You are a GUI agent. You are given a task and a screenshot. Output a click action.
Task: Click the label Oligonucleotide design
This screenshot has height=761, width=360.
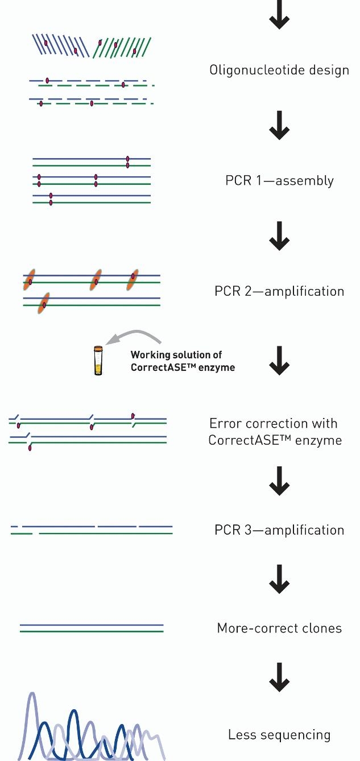click(x=279, y=71)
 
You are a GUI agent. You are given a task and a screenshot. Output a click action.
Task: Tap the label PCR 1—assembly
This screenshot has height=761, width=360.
click(x=279, y=181)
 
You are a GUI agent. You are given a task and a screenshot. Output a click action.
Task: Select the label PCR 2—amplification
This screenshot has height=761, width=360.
click(x=279, y=291)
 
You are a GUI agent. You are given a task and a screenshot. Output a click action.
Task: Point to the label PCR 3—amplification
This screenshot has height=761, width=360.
click(x=279, y=530)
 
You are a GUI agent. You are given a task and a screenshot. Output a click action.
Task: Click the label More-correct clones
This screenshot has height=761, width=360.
click(x=279, y=628)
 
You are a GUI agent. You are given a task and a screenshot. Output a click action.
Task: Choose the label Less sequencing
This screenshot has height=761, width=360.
click(x=279, y=735)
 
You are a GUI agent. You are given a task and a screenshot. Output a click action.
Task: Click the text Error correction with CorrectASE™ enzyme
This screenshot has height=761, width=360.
click(x=275, y=432)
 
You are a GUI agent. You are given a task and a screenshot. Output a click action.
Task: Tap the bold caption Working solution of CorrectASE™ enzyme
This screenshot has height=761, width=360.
click(x=183, y=361)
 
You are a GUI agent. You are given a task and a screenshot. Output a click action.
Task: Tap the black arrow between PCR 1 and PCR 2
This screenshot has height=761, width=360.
click(x=279, y=239)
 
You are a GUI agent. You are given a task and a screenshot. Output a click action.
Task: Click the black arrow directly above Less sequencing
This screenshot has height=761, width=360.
click(x=279, y=679)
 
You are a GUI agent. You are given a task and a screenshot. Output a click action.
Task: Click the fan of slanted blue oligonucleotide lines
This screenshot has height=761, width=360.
click(x=60, y=46)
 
